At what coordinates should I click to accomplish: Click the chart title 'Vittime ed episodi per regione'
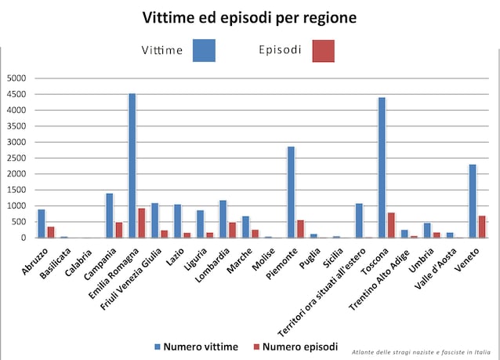pyautogui.click(x=249, y=17)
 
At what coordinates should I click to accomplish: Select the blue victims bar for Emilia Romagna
pyautogui.click(x=132, y=165)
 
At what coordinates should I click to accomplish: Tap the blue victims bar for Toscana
pyautogui.click(x=382, y=167)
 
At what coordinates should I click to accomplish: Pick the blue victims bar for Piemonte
pyautogui.click(x=291, y=192)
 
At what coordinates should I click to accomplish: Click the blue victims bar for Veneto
pyautogui.click(x=473, y=201)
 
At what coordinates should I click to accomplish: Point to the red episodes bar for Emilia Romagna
pyautogui.click(x=142, y=223)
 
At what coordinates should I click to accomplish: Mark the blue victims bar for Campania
pyautogui.click(x=110, y=215)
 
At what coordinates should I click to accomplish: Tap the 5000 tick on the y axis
pyautogui.click(x=16, y=78)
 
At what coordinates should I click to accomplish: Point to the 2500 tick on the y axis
pyautogui.click(x=16, y=158)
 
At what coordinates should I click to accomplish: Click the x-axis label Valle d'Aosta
pyautogui.click(x=437, y=266)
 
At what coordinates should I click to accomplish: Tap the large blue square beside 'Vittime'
pyautogui.click(x=203, y=50)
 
